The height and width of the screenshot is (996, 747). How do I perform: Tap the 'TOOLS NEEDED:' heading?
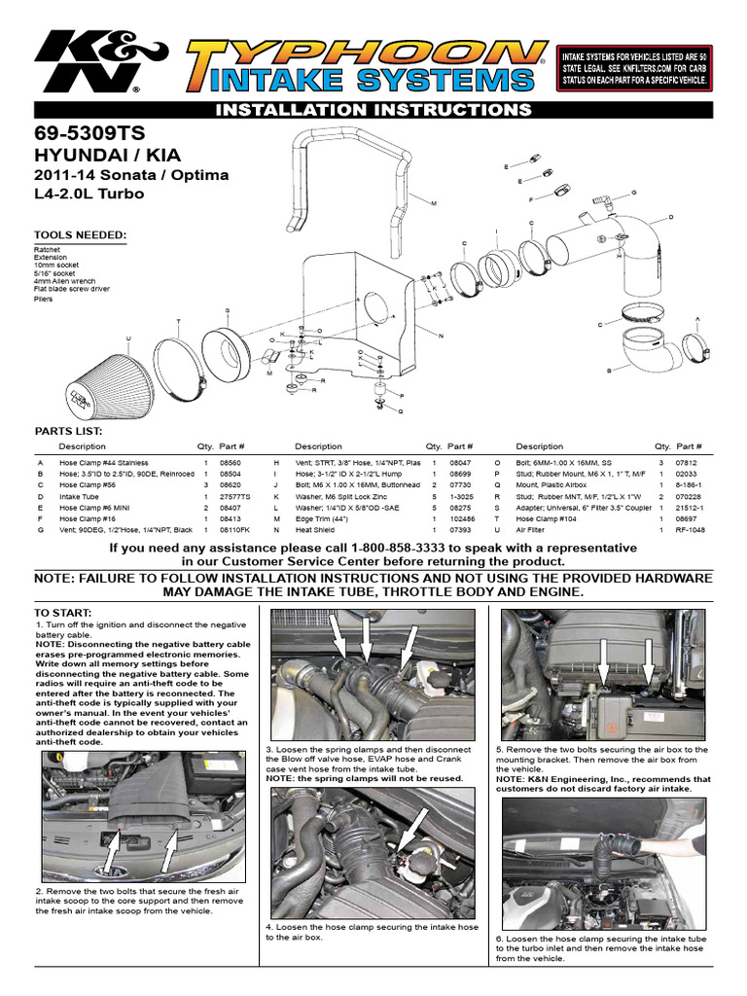[80, 235]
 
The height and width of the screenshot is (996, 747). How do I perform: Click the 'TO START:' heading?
[63, 613]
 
